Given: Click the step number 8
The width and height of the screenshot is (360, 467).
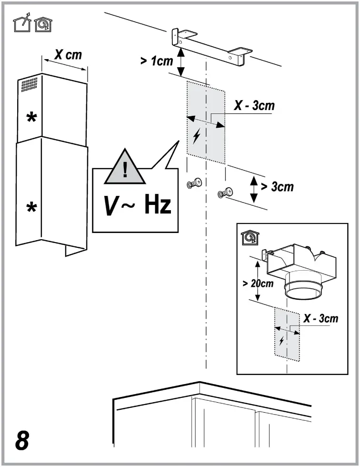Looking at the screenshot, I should point(22,441).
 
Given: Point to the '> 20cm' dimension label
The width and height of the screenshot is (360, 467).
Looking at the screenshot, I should point(258,283).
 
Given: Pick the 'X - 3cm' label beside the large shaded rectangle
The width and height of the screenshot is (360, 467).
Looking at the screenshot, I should point(254,105).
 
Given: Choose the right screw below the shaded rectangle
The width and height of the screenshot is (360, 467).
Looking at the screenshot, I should point(226,193).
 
